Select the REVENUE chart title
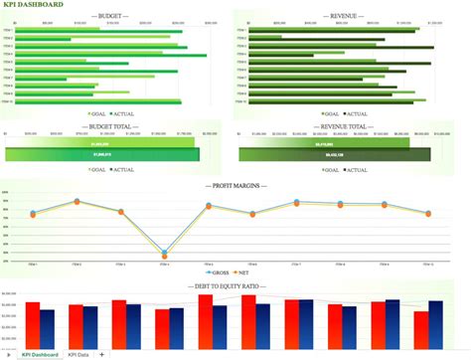pos(345,16)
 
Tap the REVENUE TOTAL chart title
pos(344,126)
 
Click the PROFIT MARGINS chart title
pos(235,185)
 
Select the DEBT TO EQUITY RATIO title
pos(235,286)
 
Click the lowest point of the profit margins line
pos(164,255)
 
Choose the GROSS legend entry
pos(221,271)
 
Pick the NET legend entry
pos(246,271)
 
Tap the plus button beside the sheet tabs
pos(101,354)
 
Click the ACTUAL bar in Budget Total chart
pos(102,155)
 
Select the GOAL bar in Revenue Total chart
pos(323,143)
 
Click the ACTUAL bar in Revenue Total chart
pos(334,155)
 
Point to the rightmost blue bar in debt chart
pos(435,321)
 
